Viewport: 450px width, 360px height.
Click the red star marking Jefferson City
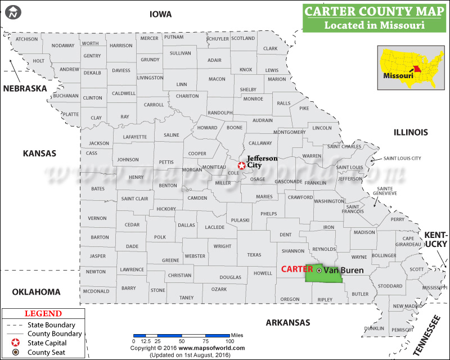point(241,166)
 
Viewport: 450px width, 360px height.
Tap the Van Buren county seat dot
point(319,271)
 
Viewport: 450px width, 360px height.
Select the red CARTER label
point(297,269)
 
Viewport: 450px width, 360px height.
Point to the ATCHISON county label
point(26,39)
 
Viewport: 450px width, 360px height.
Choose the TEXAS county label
point(254,255)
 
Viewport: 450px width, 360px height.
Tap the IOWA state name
point(160,14)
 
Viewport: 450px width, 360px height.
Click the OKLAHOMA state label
point(36,291)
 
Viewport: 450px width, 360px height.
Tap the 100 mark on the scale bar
point(229,341)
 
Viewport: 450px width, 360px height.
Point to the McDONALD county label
point(96,291)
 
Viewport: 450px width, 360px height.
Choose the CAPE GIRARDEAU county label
point(408,241)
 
